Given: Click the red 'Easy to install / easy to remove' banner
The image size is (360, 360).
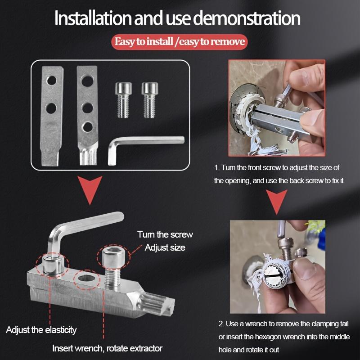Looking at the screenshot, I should coord(180,42).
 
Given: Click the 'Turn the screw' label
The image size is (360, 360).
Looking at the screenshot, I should coord(165,234).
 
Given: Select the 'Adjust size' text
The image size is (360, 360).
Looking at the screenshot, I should coord(165,247).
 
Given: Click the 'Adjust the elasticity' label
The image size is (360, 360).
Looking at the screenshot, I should coord(41,330).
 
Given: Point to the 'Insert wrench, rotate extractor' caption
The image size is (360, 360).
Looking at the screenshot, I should coord(107,348).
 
